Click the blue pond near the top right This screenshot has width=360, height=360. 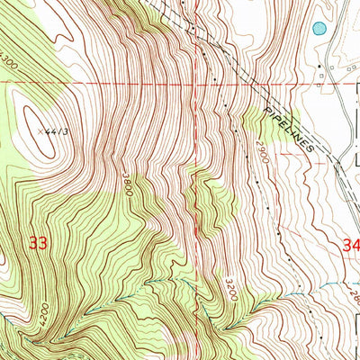(x=319, y=29)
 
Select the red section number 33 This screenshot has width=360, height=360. (x=37, y=243)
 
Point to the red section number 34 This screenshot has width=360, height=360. (x=351, y=244)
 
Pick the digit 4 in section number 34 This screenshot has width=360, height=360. (x=355, y=244)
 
